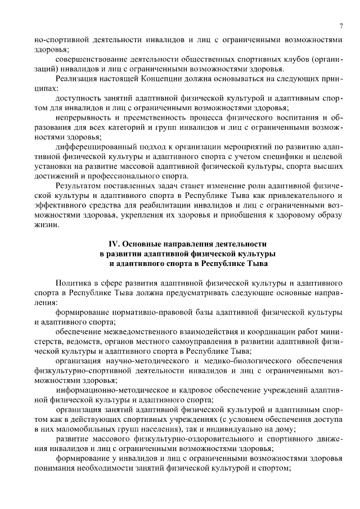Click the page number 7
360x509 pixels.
click(x=341, y=26)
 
